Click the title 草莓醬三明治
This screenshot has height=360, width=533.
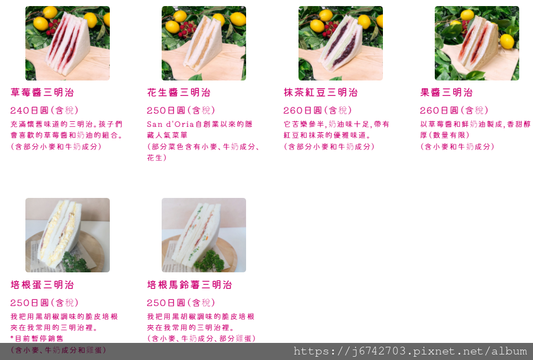(42, 93)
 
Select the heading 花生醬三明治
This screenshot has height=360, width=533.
(179, 93)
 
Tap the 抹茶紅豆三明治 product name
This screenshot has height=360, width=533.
(321, 93)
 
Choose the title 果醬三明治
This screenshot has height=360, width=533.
(446, 93)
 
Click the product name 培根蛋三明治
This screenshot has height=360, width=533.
(42, 284)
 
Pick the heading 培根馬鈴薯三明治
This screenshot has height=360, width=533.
(189, 284)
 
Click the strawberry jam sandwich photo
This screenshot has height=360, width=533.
(68, 43)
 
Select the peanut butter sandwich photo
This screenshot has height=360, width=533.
(204, 43)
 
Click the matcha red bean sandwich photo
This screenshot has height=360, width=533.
(340, 43)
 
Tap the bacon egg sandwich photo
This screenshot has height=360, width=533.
(68, 235)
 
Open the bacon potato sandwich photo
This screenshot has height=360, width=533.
(204, 235)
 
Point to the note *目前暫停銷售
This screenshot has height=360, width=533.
(37, 338)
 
